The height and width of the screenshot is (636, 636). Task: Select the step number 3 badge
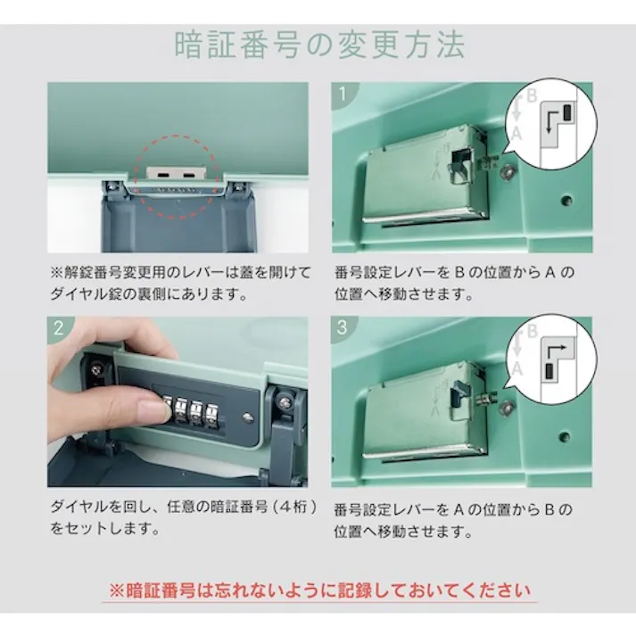343,327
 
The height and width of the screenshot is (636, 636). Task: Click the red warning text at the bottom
318,590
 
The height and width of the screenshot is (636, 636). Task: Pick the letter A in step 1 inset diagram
516,134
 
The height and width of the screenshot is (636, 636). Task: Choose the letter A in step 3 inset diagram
515,368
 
